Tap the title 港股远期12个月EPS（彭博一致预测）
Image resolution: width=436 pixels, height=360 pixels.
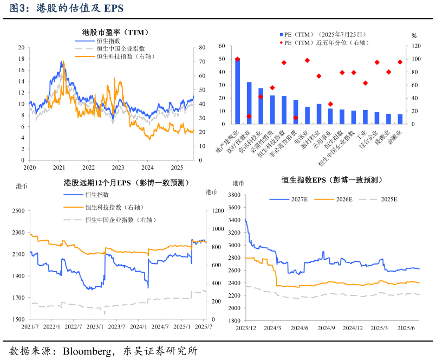(126, 183)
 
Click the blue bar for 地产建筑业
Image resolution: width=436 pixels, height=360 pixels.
(237, 91)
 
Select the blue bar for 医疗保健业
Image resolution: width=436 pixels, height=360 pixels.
(249, 103)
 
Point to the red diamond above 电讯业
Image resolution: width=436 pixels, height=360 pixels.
(307, 60)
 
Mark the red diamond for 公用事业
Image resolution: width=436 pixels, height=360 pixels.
(330, 104)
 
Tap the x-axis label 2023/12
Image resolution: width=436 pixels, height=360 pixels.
(245, 327)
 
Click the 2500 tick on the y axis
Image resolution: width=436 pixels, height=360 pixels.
(18, 210)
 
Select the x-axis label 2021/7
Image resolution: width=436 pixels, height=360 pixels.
(30, 326)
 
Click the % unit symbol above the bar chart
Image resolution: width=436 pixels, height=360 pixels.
(414, 36)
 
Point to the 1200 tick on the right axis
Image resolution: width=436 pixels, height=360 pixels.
(212, 210)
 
